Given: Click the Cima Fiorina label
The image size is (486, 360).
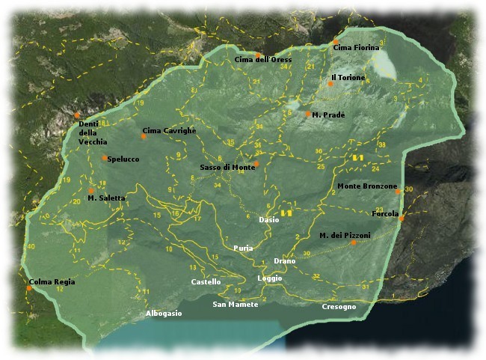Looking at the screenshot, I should coord(351,48).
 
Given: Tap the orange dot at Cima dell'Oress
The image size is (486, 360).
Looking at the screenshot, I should coord(257,55).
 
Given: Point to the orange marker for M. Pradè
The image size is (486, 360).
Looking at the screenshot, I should coord(307,114).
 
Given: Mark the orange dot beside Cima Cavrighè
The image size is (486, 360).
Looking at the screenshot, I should coord(144,136).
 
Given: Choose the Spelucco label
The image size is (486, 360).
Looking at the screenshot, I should coord(123,159).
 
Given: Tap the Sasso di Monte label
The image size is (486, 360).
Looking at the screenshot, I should coord(227,167).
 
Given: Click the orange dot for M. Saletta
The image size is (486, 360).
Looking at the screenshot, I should coord(91,191).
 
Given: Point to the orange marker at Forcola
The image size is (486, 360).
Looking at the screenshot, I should coord(402,219).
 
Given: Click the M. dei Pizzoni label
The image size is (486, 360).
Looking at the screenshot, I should coord(345,235).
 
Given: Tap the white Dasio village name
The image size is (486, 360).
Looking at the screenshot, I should coord(268,220).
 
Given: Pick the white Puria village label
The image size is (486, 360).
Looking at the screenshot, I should coord(243,248).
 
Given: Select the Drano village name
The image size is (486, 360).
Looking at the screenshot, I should coord(284,260).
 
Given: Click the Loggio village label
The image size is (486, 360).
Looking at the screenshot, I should coord(269,278).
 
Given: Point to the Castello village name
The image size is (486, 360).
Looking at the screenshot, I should coord(206,282).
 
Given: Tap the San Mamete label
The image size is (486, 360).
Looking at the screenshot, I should coord(235,305).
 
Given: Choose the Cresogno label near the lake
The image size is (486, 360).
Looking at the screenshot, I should coord(339,307).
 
